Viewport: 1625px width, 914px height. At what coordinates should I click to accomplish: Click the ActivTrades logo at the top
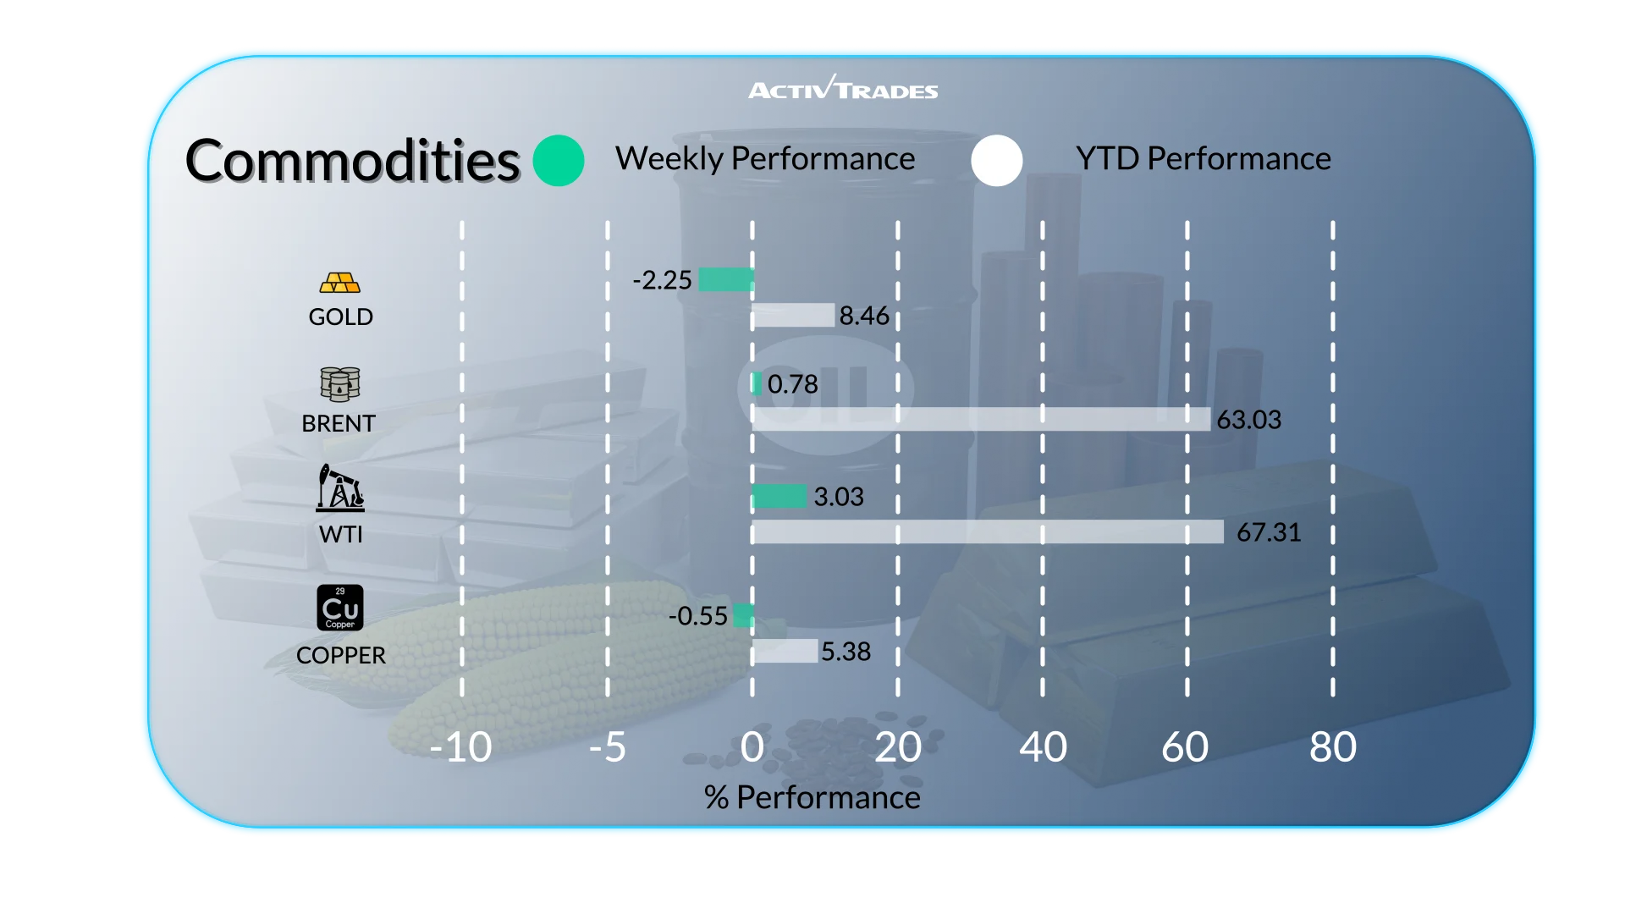tap(843, 89)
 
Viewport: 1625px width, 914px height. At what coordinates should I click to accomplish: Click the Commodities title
tap(352, 161)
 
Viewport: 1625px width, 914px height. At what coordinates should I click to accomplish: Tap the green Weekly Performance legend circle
tap(559, 161)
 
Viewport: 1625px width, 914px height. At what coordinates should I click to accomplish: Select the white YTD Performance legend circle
tap(997, 161)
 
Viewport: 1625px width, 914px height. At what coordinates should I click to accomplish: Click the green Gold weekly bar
tap(726, 279)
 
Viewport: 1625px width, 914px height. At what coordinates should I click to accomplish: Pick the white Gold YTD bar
tap(793, 316)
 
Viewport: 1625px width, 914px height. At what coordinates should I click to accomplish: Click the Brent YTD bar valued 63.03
tap(982, 420)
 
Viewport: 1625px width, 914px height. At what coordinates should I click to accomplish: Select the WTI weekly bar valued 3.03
tap(779, 497)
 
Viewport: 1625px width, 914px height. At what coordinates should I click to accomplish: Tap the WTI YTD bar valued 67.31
tap(988, 532)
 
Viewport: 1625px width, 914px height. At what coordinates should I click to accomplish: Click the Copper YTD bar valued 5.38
tap(785, 652)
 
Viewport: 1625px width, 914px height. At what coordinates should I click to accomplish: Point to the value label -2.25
tap(662, 280)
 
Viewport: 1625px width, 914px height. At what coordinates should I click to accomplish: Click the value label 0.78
tap(793, 384)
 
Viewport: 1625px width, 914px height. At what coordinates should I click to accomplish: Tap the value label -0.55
tap(697, 616)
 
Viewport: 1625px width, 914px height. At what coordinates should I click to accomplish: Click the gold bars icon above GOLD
tap(340, 283)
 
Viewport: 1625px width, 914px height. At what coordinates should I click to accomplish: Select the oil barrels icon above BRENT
tap(340, 384)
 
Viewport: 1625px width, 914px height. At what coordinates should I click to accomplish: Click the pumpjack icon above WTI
tap(340, 488)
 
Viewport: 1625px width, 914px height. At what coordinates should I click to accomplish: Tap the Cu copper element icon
tap(340, 608)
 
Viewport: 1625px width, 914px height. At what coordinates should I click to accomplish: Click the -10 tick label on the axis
tap(460, 748)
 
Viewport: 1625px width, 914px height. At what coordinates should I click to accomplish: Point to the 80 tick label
tap(1333, 748)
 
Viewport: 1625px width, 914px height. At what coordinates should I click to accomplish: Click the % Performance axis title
tap(812, 798)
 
